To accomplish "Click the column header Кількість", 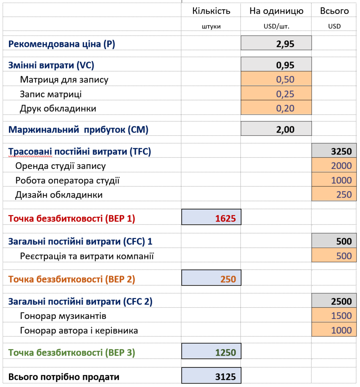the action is (211, 11).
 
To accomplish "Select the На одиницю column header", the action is (276, 11).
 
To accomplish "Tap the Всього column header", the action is (334, 11).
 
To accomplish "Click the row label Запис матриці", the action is (51, 94).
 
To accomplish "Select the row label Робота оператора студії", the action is (67, 180).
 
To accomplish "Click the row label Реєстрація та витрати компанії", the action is (87, 256).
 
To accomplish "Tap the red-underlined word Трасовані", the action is (30, 152).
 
